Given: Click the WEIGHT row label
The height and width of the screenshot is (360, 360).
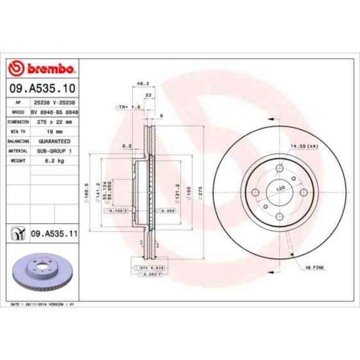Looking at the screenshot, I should pos(17,160).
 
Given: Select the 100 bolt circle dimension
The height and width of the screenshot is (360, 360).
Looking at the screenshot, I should pos(280,189).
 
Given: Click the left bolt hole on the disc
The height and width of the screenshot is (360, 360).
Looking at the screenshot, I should pos(255,192).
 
